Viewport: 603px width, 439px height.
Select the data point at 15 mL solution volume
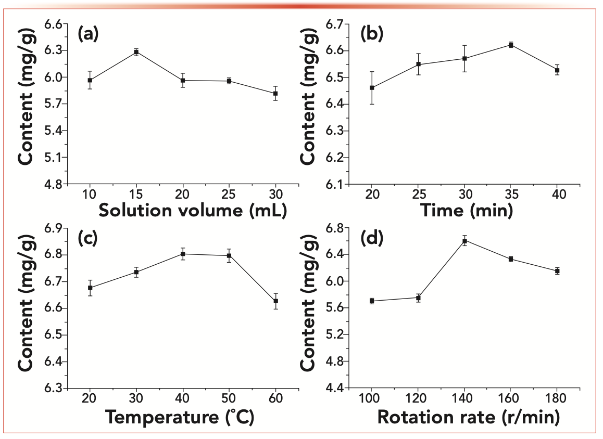click(x=136, y=51)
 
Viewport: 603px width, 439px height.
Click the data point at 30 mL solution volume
click(x=275, y=94)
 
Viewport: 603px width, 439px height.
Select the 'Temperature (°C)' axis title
click(x=180, y=418)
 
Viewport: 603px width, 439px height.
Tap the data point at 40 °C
click(x=183, y=254)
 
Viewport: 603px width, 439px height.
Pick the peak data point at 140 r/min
click(x=464, y=240)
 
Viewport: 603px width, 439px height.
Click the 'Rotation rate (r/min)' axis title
click(x=468, y=418)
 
